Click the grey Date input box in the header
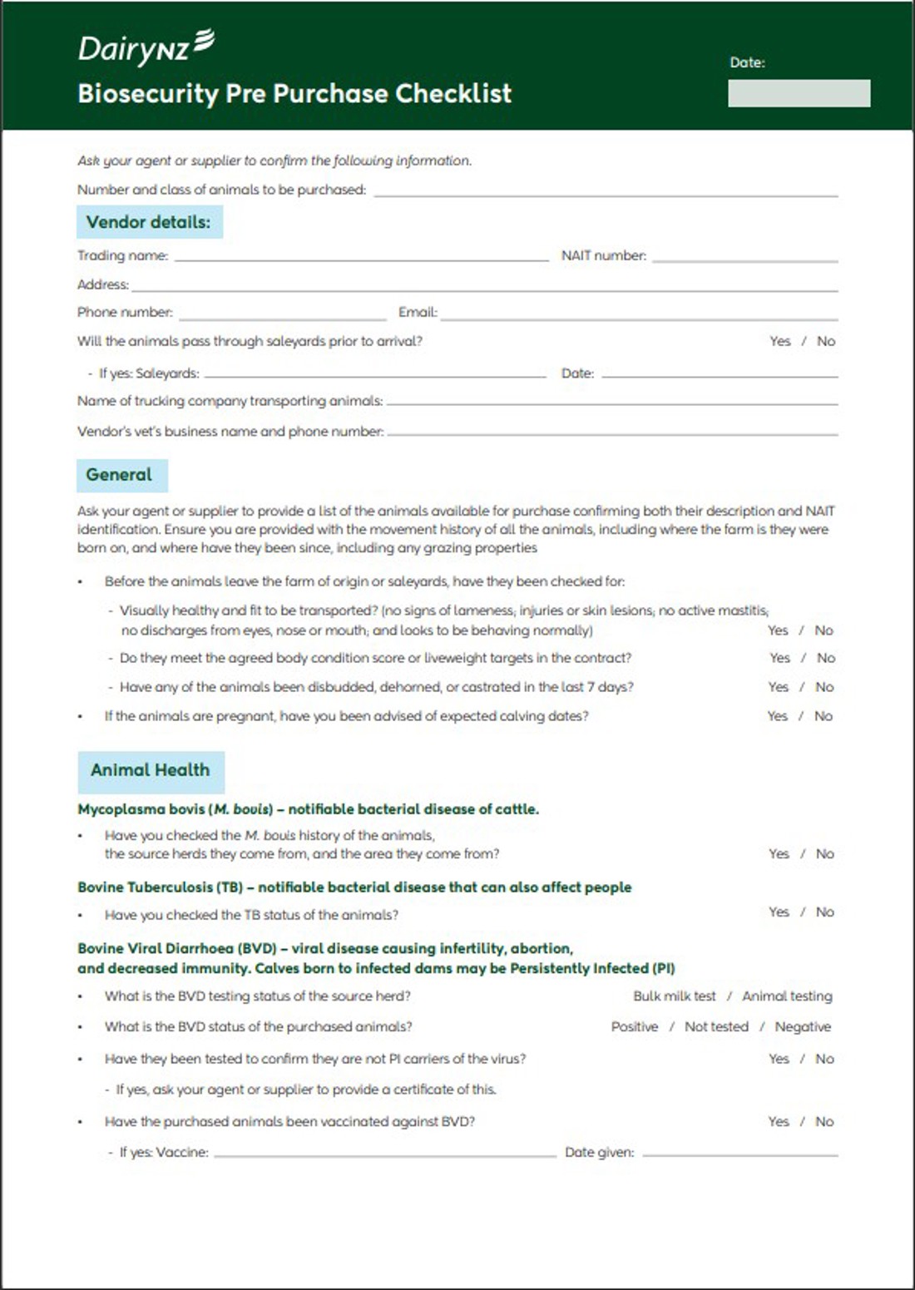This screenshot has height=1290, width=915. tap(799, 93)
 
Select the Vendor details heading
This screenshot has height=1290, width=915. tap(149, 222)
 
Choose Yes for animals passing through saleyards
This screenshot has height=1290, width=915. tap(780, 341)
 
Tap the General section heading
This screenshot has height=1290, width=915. tap(120, 475)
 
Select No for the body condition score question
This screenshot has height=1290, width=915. tap(826, 658)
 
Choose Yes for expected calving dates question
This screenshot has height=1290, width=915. tap(778, 716)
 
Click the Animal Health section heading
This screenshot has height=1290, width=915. tap(151, 770)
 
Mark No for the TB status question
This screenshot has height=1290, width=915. tap(825, 912)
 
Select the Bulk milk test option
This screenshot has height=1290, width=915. tap(675, 996)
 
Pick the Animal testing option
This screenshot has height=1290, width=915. tap(787, 996)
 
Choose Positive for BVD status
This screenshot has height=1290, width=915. tap(635, 1027)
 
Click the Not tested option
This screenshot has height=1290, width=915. tap(716, 1027)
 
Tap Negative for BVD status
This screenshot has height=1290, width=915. tap(803, 1027)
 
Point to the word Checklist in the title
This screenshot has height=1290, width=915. tap(453, 93)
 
